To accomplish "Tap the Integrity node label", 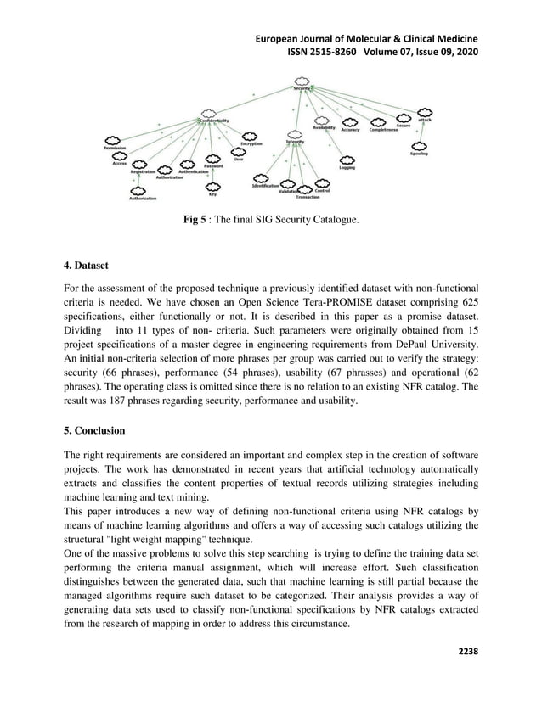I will point(295,142).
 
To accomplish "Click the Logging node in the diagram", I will point(347,167).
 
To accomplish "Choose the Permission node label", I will point(116,148).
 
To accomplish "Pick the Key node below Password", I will point(212,194).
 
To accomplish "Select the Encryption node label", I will point(251,143).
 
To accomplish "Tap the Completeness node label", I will point(384,130).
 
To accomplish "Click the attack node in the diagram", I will point(425,120).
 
